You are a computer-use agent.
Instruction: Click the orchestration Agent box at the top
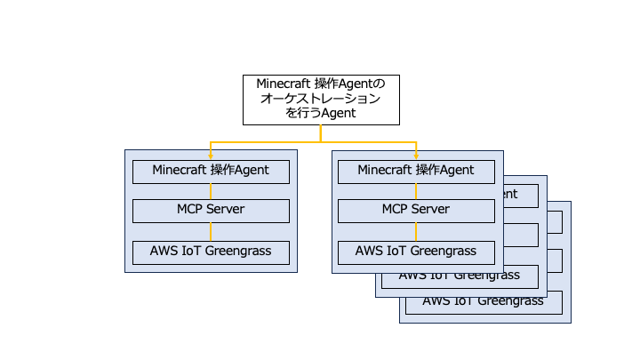321,99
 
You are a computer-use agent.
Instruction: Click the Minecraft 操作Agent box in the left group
211,171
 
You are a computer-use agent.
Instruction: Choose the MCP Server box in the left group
211,210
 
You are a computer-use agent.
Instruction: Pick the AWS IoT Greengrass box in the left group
211,251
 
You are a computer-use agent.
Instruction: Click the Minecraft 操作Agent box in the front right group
416,171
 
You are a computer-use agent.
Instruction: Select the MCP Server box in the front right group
416,210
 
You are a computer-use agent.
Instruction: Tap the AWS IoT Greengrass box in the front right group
416,251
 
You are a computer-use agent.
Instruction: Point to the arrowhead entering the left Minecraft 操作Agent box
211,156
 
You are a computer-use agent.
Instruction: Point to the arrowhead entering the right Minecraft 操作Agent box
416,156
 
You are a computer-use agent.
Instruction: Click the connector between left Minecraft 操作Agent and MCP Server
211,190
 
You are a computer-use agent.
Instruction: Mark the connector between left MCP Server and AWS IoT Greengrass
211,231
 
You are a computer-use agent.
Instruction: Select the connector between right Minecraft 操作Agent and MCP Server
416,190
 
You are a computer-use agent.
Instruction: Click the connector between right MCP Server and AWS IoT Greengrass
416,231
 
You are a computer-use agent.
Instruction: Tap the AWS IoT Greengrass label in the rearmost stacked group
483,301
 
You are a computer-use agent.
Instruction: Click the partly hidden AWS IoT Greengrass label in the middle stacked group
459,276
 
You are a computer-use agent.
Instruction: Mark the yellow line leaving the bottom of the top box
321,132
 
